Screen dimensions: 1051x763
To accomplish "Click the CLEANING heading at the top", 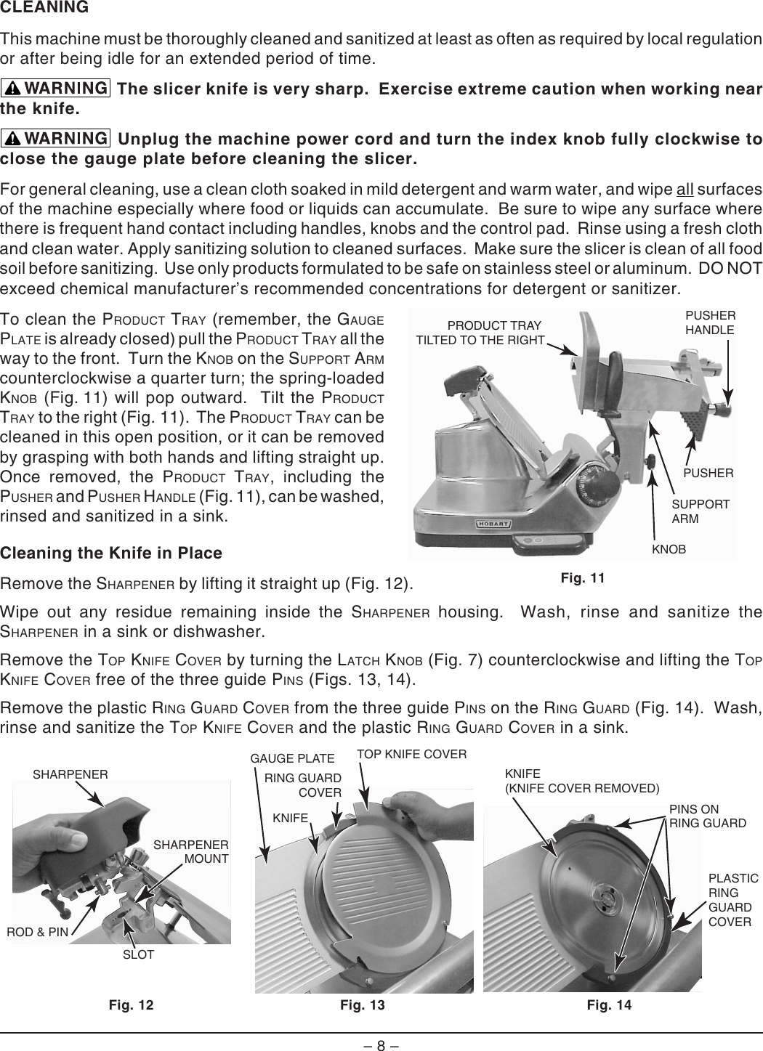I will click(45, 8).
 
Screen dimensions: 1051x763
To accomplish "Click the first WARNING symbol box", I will click(56, 89).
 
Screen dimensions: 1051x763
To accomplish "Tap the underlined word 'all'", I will click(685, 191).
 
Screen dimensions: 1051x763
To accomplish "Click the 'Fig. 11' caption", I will click(584, 578).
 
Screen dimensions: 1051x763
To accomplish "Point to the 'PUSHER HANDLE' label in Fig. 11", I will click(710, 322).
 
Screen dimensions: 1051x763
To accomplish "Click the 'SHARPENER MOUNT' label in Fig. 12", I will click(192, 852).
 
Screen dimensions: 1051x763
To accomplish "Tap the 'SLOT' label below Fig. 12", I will click(138, 954).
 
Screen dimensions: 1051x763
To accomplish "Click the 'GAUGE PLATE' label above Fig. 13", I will click(292, 759).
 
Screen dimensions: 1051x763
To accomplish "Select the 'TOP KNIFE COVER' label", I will click(411, 754).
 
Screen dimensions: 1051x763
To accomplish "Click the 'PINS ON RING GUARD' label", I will click(707, 816).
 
